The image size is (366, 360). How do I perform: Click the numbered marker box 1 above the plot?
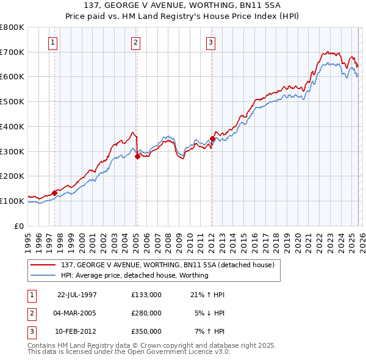tap(53, 43)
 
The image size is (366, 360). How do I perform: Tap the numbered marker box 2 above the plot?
tap(135, 43)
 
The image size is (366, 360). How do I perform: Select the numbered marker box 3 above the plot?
tap(210, 43)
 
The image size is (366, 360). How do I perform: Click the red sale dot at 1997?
tap(55, 193)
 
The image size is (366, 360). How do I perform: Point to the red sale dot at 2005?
tap(137, 156)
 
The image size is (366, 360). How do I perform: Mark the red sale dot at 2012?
tap(212, 139)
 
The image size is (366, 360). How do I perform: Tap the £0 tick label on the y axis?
tap(18, 226)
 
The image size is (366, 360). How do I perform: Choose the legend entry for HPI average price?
tap(135, 275)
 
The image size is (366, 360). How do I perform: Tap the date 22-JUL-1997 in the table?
tap(77, 295)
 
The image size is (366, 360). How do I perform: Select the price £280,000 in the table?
tap(146, 313)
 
